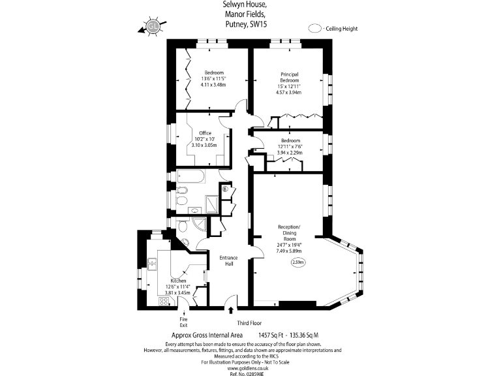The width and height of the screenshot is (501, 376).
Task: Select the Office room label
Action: (205, 133)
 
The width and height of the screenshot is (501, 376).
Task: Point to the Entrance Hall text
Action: (228, 260)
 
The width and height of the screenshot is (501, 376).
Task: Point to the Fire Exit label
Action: (183, 322)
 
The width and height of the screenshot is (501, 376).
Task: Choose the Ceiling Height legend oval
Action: (315, 29)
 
